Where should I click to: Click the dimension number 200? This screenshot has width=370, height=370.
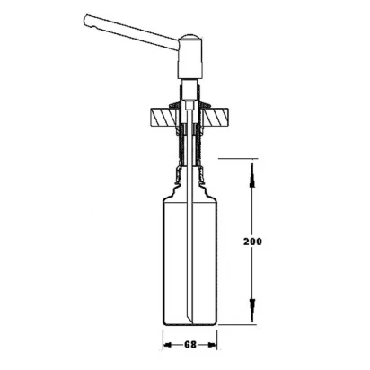point(252,242)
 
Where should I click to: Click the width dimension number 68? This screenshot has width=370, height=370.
point(189,345)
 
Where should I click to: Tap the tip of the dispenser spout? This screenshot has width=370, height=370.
point(85,21)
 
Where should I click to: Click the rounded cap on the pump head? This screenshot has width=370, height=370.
point(190,37)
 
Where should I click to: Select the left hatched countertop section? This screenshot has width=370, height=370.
point(163,117)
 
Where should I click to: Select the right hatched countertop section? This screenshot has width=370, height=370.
point(216,117)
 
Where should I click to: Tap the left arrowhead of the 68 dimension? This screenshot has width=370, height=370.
point(168,345)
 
